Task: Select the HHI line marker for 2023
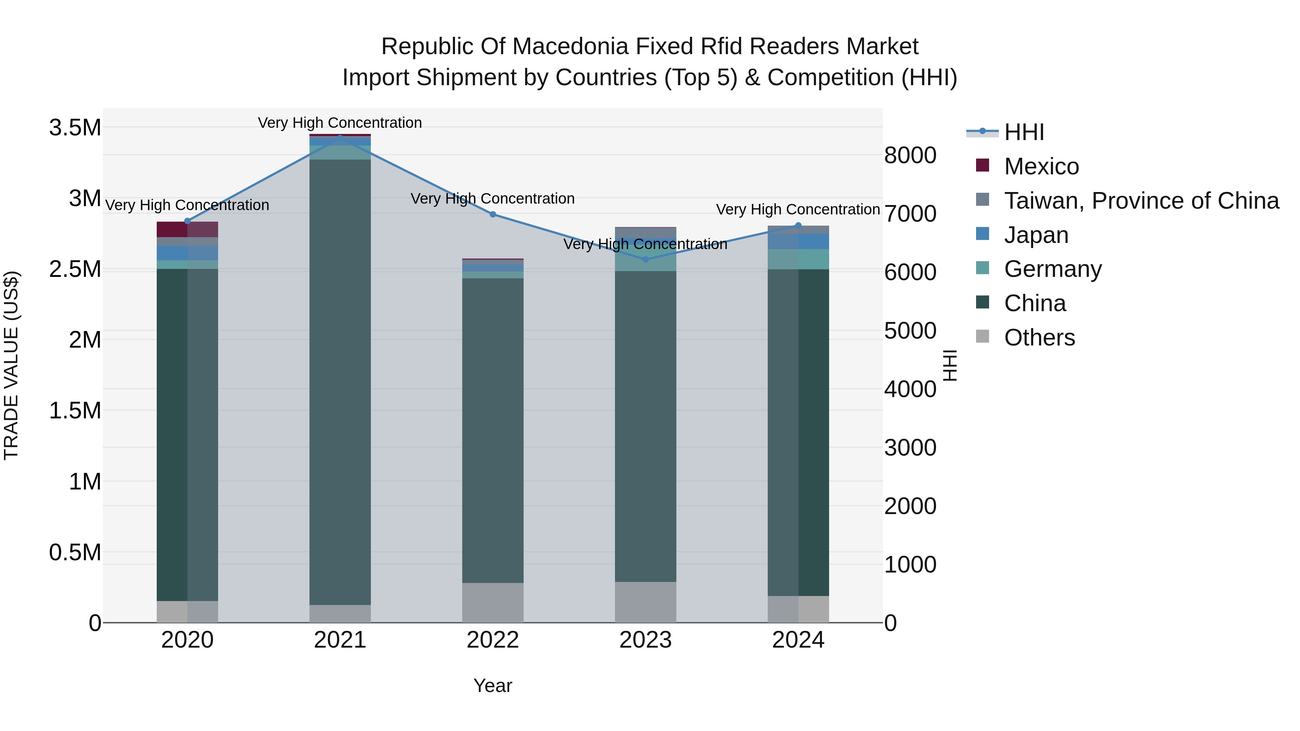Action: (x=645, y=259)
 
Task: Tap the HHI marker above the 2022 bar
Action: (x=493, y=214)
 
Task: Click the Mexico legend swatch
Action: (x=982, y=165)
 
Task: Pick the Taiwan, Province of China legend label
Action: (x=1141, y=201)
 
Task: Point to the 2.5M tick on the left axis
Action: (x=75, y=269)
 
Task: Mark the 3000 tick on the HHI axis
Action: (x=910, y=448)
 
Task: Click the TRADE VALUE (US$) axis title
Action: (x=11, y=365)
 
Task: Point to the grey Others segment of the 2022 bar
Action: (x=493, y=602)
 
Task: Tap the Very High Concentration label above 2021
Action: (x=340, y=123)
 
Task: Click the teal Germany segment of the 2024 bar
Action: (x=814, y=259)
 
